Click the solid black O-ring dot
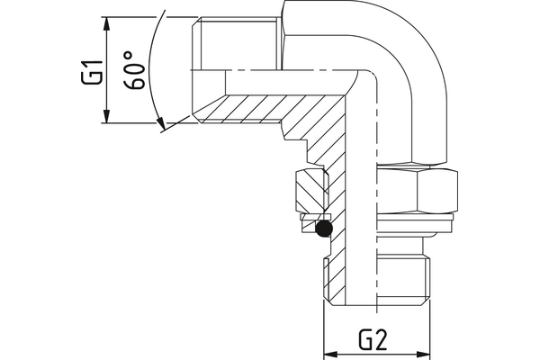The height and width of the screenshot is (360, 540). coord(324,232)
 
